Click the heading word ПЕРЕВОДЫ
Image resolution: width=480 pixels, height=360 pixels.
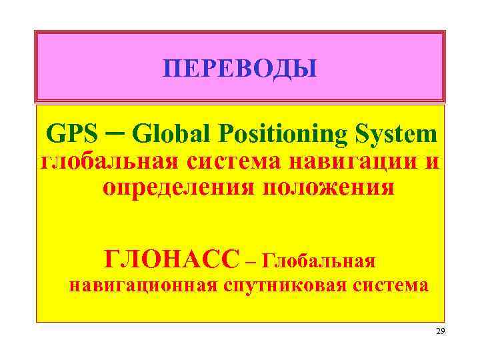[240, 69]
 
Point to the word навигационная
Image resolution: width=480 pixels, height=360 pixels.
[143, 287]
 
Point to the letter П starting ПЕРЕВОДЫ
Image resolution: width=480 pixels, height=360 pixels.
[172, 69]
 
